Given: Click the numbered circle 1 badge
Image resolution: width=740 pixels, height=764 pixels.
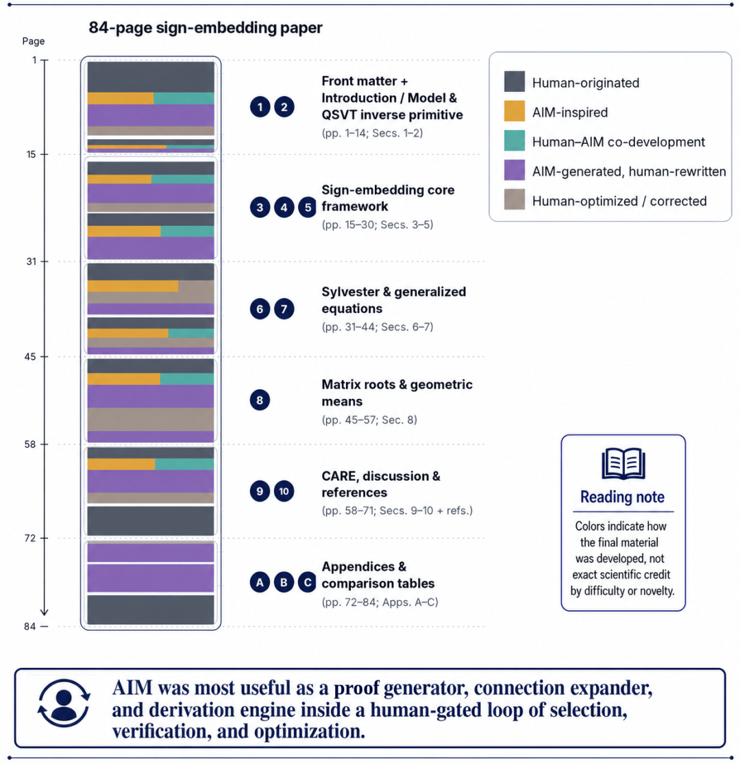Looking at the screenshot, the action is (260, 107).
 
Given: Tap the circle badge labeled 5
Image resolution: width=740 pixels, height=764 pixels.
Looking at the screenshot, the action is (308, 207).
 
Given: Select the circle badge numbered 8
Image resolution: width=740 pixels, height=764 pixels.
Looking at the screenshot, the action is (260, 400).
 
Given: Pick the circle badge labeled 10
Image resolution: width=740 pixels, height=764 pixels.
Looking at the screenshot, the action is (284, 491).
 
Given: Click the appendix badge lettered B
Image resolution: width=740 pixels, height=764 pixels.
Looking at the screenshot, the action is (284, 582).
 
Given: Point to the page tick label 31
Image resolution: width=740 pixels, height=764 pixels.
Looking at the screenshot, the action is (32, 262).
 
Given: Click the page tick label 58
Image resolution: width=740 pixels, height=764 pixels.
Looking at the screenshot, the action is (30, 445).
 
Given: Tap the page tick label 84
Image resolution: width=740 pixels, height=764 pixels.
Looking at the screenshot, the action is (30, 626).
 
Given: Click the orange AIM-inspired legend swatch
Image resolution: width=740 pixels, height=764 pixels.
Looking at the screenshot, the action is (515, 111).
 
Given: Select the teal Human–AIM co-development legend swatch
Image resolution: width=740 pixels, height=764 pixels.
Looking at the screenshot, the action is (515, 141).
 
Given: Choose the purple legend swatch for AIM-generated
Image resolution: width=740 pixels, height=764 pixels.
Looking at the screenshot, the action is (515, 170).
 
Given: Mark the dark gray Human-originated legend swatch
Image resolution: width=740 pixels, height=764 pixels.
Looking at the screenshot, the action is (515, 82).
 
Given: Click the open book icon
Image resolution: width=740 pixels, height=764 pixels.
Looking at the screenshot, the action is (623, 463).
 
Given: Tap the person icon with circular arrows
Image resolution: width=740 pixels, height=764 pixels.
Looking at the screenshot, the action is (64, 703).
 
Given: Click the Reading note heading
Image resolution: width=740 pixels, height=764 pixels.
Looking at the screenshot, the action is (623, 497).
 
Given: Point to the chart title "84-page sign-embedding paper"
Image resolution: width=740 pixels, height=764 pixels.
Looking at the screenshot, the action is (205, 28).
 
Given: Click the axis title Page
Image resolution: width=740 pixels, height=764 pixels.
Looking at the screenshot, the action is (33, 41).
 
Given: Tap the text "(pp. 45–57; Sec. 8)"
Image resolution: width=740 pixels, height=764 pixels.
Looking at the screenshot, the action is (369, 420).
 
